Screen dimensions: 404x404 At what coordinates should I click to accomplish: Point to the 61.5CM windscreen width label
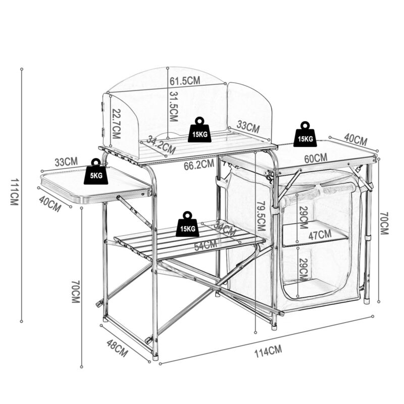(x=185, y=81)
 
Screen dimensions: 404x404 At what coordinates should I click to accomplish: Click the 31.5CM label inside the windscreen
(x=173, y=107)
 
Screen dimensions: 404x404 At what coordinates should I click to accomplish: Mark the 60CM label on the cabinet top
(x=316, y=158)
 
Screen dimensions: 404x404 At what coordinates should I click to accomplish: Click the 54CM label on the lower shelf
(x=206, y=245)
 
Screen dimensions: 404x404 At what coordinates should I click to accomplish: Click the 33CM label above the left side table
(x=66, y=162)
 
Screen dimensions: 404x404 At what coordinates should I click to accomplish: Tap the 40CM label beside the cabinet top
(x=356, y=138)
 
